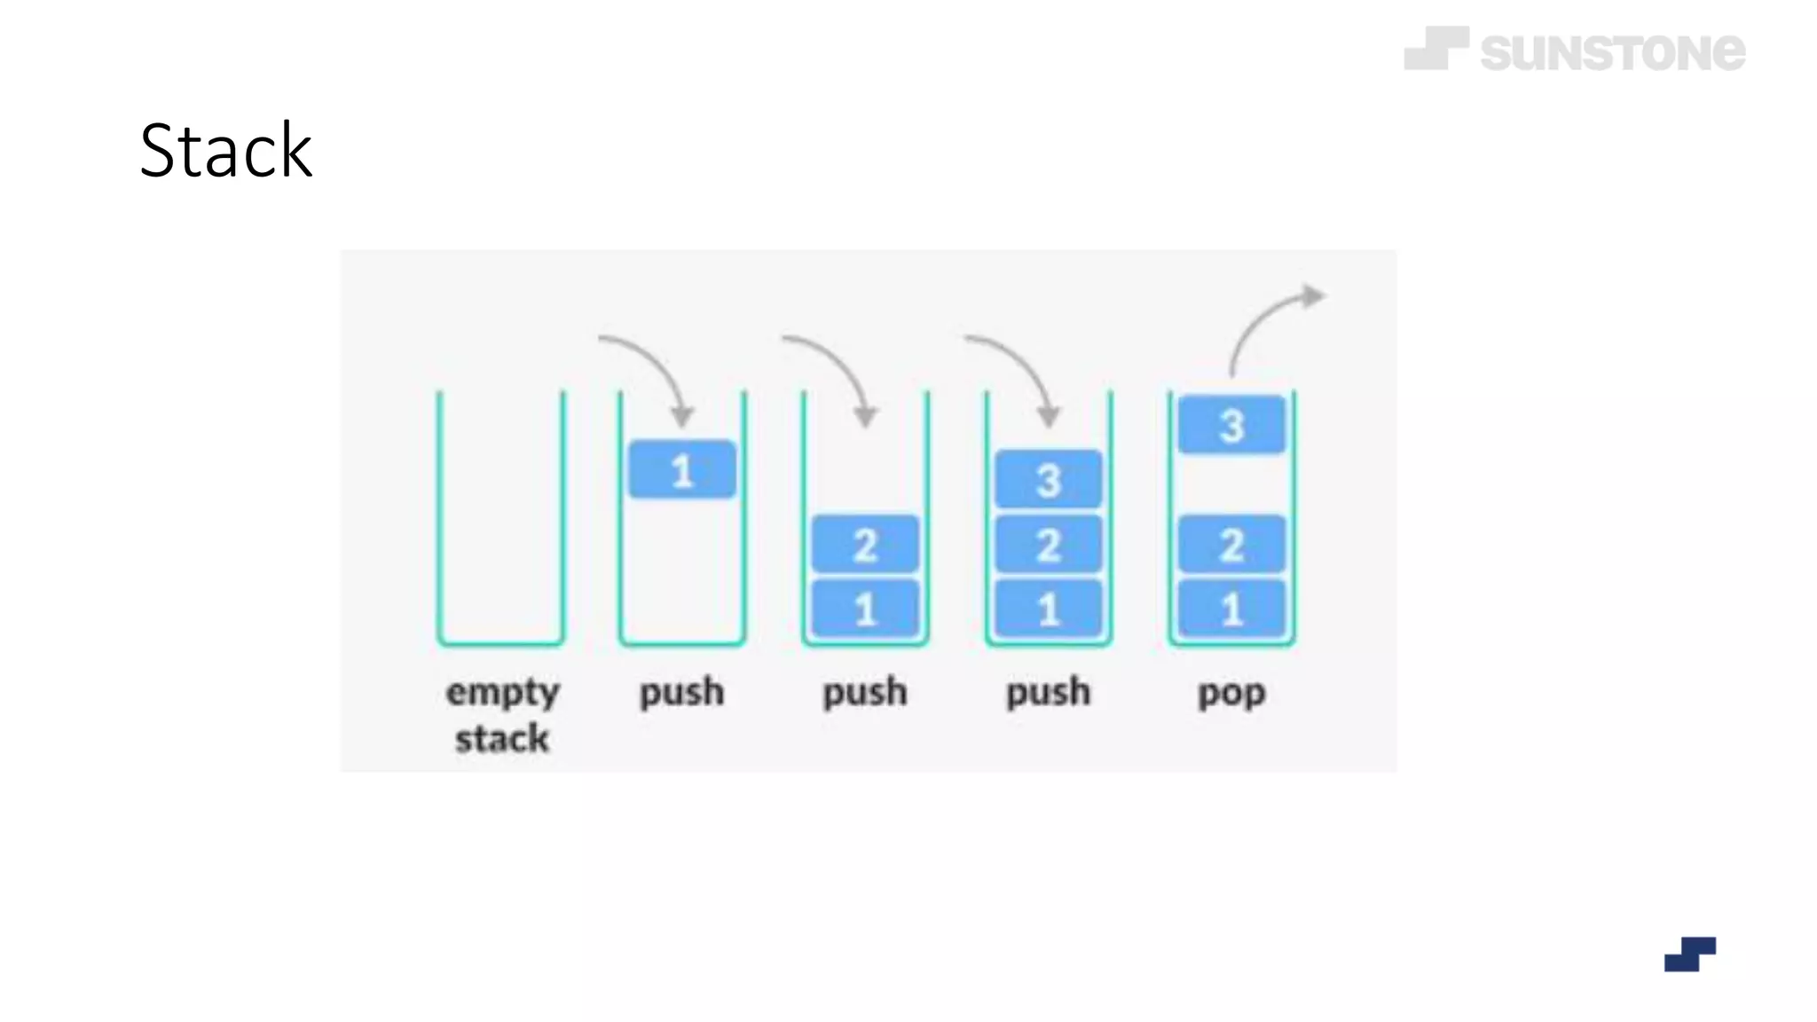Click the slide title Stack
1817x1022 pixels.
tap(225, 151)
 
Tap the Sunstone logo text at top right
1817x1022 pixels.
tap(1612, 51)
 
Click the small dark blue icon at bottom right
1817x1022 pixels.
tap(1689, 955)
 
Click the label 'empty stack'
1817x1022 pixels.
tap(502, 714)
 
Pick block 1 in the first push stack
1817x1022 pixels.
tap(681, 469)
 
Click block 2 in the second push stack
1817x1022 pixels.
tap(865, 544)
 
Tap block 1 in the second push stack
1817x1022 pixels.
tap(865, 609)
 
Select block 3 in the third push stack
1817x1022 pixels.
tap(1048, 480)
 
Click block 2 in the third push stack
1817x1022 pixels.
tap(1048, 544)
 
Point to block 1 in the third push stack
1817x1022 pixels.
tap(1048, 609)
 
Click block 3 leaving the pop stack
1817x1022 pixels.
tap(1231, 425)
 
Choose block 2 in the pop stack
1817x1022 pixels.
tap(1231, 544)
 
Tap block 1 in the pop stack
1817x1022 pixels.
tap(1231, 609)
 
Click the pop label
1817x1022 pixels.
tap(1231, 692)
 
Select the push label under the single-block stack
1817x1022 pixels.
tap(681, 692)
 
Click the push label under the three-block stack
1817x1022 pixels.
tap(1048, 692)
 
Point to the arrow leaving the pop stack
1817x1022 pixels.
tap(1269, 324)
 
